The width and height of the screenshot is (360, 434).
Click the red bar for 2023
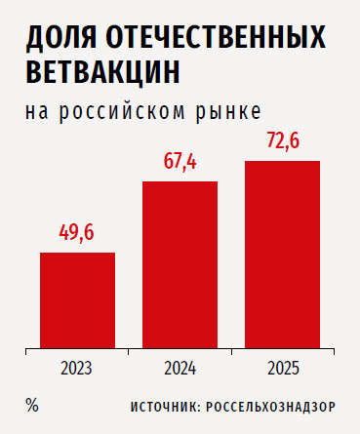(x=77, y=300)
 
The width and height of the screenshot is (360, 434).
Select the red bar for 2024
(x=180, y=265)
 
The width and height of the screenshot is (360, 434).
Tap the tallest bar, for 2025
(x=282, y=255)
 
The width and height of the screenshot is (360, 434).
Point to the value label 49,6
(x=76, y=233)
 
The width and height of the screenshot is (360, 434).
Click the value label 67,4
(x=180, y=162)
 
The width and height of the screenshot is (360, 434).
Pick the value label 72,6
(x=283, y=141)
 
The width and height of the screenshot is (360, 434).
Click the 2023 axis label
(x=76, y=369)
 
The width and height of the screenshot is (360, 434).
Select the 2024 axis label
(x=180, y=369)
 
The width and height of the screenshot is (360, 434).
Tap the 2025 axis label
(x=283, y=369)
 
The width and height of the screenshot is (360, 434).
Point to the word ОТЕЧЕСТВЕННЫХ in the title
(x=216, y=37)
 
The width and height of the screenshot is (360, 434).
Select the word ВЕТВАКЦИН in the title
(x=102, y=72)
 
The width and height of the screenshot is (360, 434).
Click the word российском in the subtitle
(x=122, y=112)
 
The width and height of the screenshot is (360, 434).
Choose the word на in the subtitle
(x=37, y=112)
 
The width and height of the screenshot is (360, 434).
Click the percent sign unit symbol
(x=32, y=406)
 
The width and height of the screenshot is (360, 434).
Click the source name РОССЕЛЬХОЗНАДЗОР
(x=270, y=407)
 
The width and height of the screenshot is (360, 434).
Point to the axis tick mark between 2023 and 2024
(x=129, y=352)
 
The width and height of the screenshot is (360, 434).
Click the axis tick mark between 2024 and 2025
(x=231, y=352)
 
